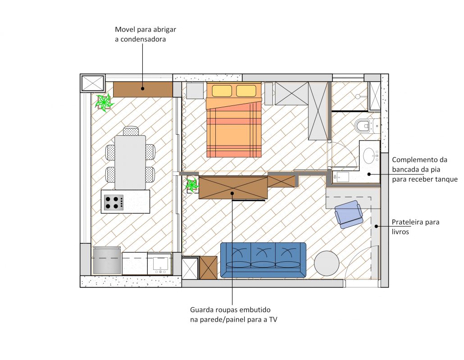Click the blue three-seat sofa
(x=264, y=260)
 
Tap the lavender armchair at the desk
(x=349, y=214)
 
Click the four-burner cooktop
(x=114, y=202)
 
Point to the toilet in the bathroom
(x=364, y=126)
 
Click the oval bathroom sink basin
(x=369, y=155)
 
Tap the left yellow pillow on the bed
(x=222, y=91)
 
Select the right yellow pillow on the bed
(x=246, y=91)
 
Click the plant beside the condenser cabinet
(x=104, y=102)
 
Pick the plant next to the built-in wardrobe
(x=192, y=185)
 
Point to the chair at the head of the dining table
(x=131, y=131)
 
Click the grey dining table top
(x=130, y=162)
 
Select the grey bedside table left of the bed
(x=195, y=91)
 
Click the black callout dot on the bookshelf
(x=376, y=227)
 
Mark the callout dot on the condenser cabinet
(x=142, y=88)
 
